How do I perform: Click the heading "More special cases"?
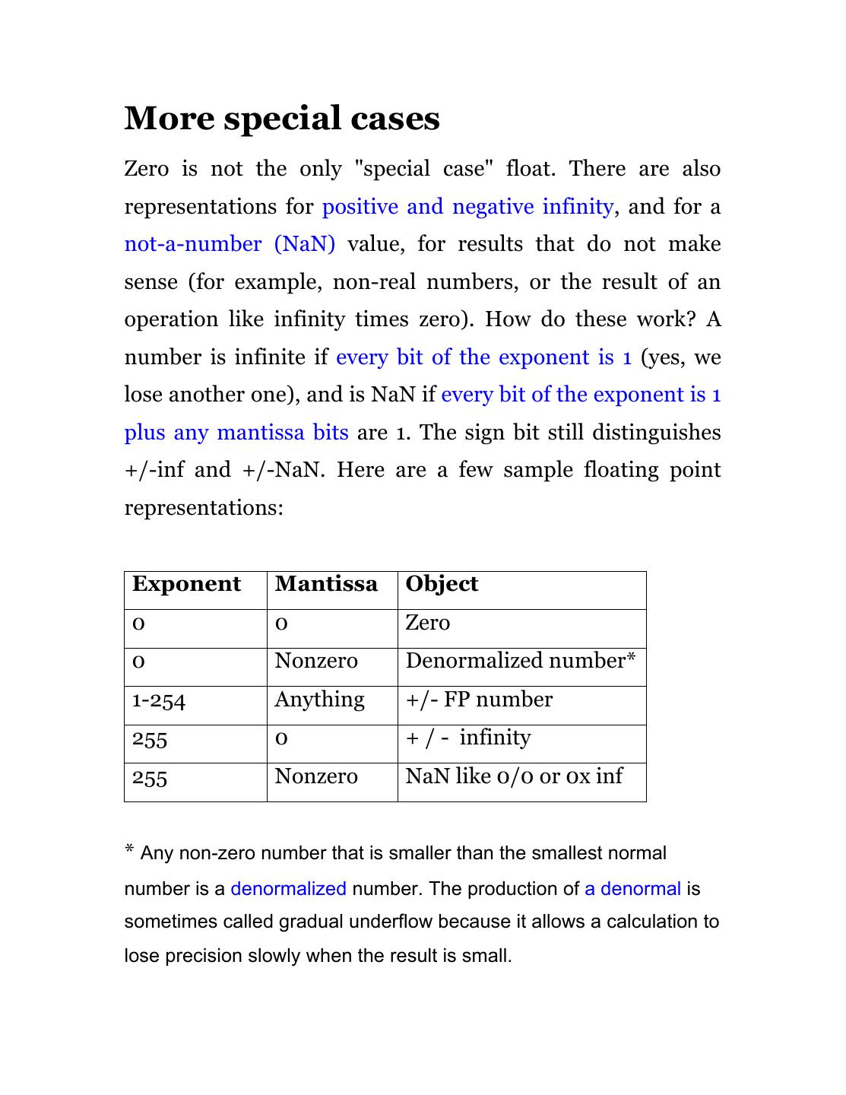282,119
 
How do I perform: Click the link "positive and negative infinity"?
467,207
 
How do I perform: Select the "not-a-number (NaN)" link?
230,244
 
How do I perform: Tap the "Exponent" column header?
186,584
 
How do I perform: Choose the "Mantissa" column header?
326,584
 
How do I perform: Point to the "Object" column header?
442,584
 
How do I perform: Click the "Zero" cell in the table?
428,623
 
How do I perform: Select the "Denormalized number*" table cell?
520,661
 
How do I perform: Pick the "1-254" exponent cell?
158,700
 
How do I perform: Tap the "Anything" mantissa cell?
319,700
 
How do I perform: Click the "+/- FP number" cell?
479,700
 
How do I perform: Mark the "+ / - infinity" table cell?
468,738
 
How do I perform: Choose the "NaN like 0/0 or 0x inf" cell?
514,776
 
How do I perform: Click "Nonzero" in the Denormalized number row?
315,661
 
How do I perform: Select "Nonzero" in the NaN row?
315,776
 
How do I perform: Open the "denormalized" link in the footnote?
288,889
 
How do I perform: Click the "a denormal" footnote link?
632,889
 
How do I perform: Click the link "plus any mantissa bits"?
236,433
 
